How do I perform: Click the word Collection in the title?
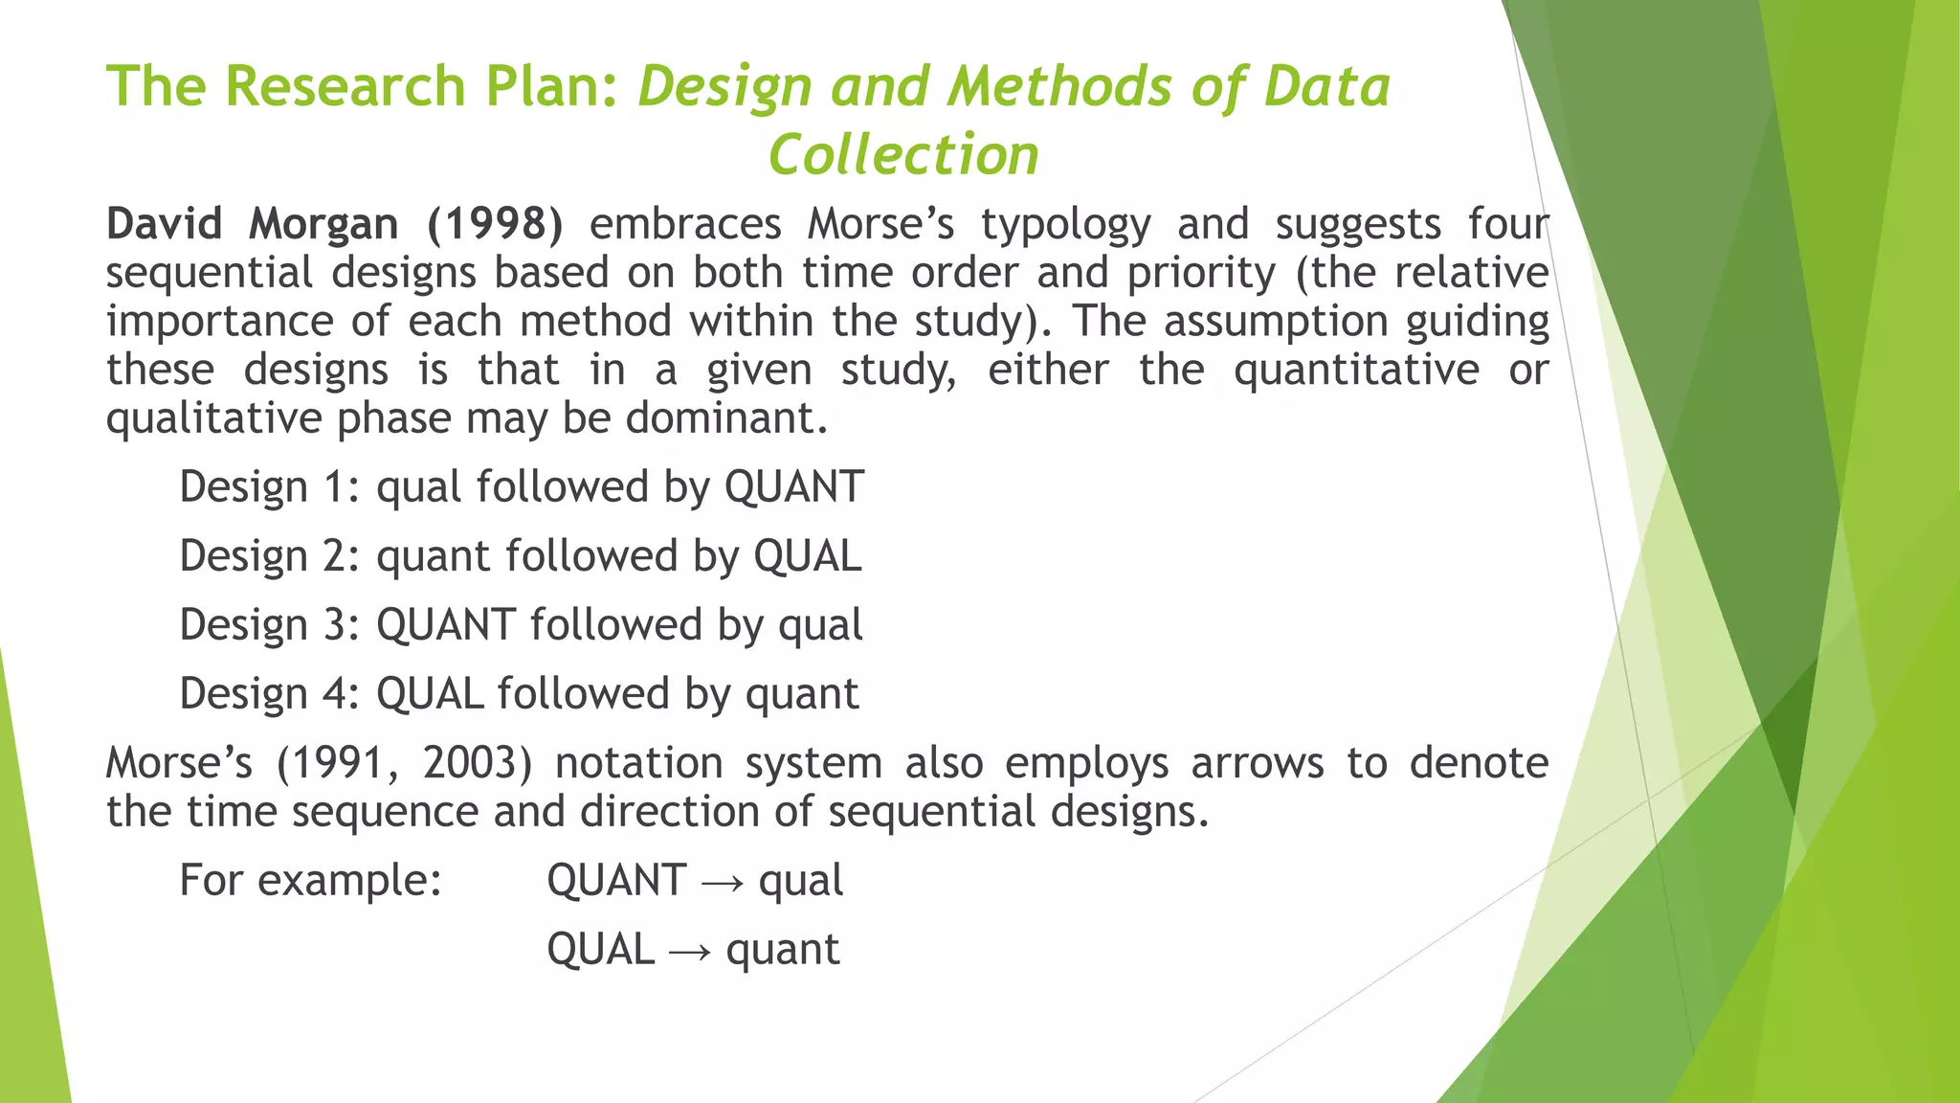[903, 155]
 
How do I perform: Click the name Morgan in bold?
[323, 225]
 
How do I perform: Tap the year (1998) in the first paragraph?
[495, 224]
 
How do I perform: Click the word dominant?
[727, 418]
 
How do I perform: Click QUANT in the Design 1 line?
[794, 486]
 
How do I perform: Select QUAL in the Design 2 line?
[808, 555]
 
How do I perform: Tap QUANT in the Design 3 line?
[446, 624]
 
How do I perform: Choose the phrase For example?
[311, 881]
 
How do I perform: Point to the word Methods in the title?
[1059, 86]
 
